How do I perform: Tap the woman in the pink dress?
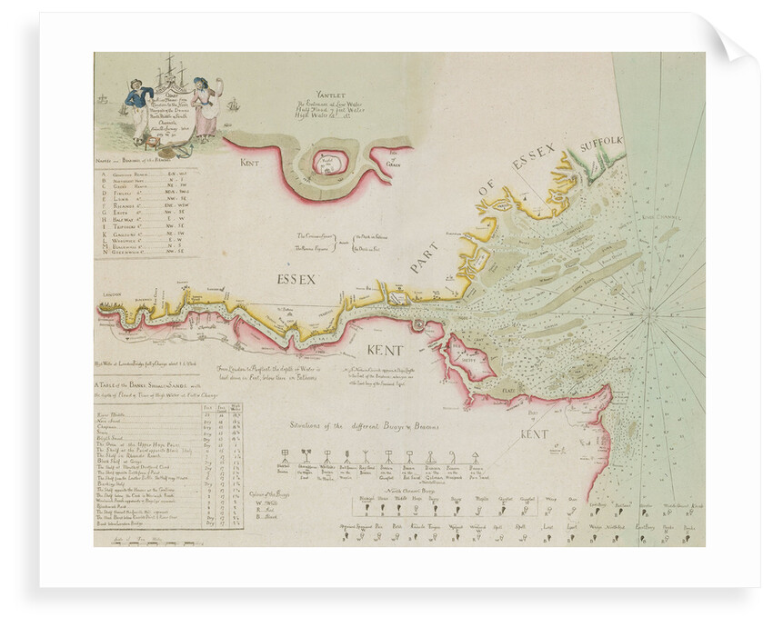204,107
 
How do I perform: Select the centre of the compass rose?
649,315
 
